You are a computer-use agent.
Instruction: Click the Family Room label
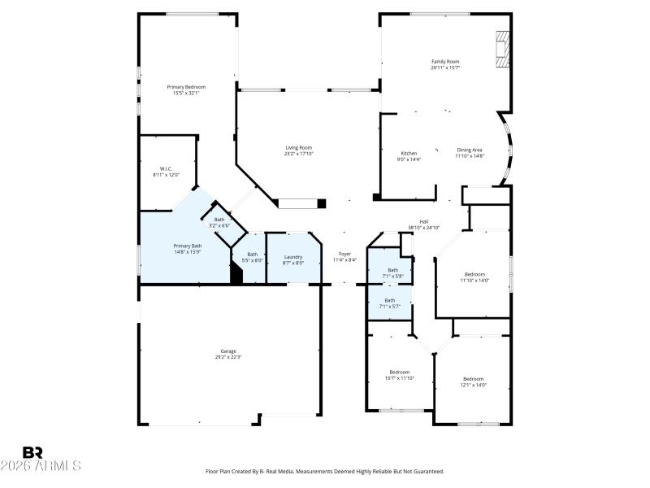pyautogui.click(x=445, y=62)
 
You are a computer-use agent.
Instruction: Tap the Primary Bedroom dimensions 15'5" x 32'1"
pyautogui.click(x=186, y=94)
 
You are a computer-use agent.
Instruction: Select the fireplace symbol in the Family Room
pyautogui.click(x=504, y=50)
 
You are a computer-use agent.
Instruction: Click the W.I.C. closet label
pyautogui.click(x=165, y=168)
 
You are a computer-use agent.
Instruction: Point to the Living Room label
pyautogui.click(x=298, y=147)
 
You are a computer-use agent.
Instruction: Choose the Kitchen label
pyautogui.click(x=409, y=153)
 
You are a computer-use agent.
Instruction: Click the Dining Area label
pyautogui.click(x=470, y=150)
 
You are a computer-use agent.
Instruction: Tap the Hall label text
pyautogui.click(x=423, y=221)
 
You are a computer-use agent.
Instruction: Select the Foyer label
pyautogui.click(x=344, y=254)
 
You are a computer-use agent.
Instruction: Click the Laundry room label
pyautogui.click(x=293, y=256)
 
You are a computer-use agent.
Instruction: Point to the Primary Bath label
pyautogui.click(x=186, y=246)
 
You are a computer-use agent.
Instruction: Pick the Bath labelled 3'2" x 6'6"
pyautogui.click(x=219, y=220)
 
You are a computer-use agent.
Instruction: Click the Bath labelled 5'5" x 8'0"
pyautogui.click(x=253, y=254)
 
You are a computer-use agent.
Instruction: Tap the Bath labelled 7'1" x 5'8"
pyautogui.click(x=392, y=270)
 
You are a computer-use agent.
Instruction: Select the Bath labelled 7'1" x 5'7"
pyautogui.click(x=390, y=300)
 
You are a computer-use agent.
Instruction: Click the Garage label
pyautogui.click(x=228, y=351)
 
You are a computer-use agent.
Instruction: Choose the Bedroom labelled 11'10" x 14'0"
pyautogui.click(x=474, y=274)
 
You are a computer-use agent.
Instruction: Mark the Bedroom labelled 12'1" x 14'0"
pyautogui.click(x=474, y=379)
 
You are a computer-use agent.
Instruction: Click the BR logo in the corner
pyautogui.click(x=32, y=453)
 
